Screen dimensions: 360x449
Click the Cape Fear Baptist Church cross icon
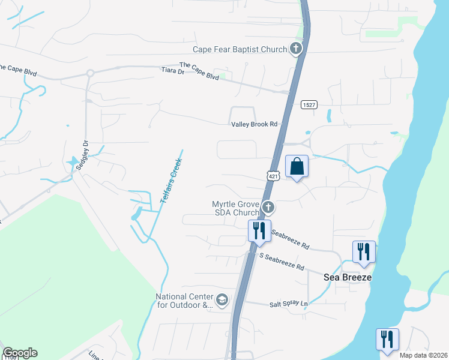click(295, 49)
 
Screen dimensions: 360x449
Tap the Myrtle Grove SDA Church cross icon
click(268, 208)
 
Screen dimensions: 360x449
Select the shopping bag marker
click(297, 166)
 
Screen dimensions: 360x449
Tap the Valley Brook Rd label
click(255, 124)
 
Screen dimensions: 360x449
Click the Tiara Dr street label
click(173, 71)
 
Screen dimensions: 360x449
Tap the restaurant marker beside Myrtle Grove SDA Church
click(259, 230)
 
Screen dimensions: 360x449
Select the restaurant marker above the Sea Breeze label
click(364, 251)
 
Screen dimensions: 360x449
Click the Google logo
click(20, 353)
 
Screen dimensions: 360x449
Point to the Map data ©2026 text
click(423, 355)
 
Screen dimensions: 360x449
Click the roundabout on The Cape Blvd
click(90, 73)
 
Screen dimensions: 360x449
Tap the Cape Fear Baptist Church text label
click(240, 49)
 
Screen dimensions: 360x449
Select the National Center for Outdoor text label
click(184, 301)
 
